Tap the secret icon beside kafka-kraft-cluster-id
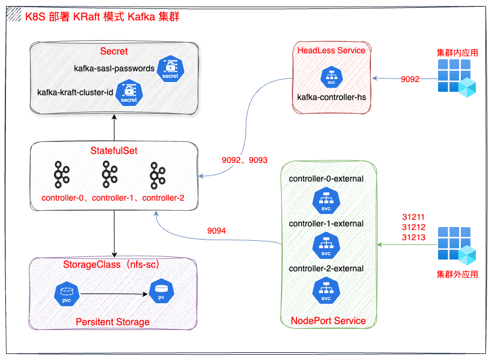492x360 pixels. pos(129,93)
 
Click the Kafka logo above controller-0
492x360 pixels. pos(61,174)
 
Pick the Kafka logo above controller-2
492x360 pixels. pos(158,174)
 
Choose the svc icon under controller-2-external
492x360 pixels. pos(326,291)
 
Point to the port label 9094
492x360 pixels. pos(217,231)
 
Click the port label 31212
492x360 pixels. pos(413,227)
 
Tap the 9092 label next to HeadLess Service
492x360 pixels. pos(410,79)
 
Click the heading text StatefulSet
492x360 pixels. pos(114,150)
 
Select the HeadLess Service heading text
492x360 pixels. pos(331,50)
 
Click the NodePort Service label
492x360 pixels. pos(328,320)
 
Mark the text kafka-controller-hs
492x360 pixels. pos(331,96)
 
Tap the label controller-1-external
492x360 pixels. pos(326,223)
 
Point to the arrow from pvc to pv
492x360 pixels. pos(114,294)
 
